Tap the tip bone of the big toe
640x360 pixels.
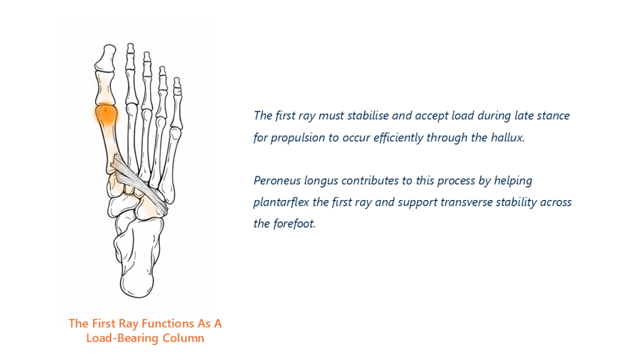coord(106,58)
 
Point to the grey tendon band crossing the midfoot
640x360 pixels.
coord(139,184)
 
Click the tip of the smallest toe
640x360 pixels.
coord(177,81)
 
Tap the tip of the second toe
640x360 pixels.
coord(130,47)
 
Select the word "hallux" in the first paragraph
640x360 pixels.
coord(507,137)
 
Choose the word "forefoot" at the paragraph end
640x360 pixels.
coord(294,224)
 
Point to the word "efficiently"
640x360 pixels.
coord(398,138)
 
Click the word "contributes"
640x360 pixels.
coord(370,181)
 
